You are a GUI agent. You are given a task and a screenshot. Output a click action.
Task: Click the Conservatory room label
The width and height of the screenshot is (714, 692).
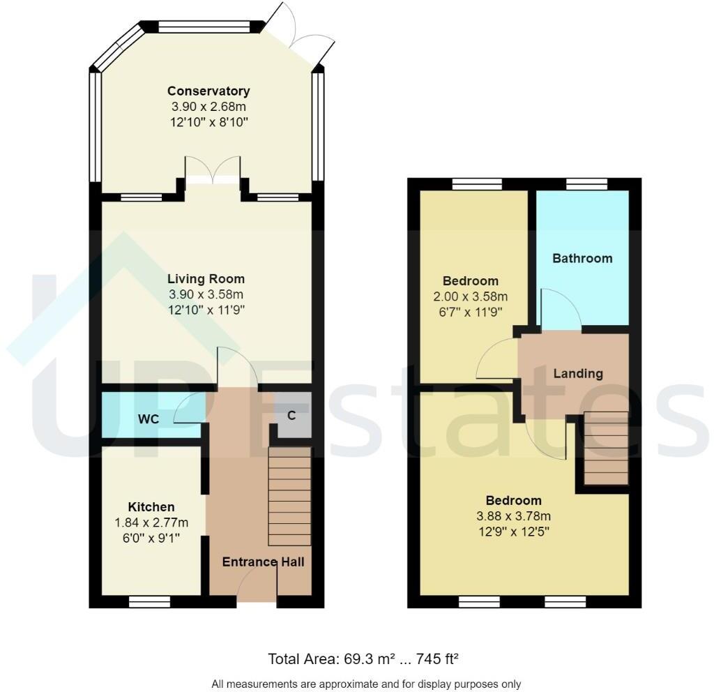tap(208, 91)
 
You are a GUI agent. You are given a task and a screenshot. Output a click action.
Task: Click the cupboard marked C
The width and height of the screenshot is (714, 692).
tap(291, 416)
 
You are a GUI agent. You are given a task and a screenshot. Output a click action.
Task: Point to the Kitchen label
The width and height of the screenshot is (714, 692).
tap(151, 506)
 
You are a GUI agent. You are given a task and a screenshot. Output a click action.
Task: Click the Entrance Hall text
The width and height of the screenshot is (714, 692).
tap(263, 562)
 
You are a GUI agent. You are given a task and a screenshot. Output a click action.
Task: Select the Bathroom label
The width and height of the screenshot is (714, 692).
tap(582, 258)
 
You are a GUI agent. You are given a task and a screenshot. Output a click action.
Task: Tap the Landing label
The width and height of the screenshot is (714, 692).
tap(578, 373)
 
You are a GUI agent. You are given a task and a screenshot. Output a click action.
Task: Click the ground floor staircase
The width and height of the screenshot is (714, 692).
tap(289, 496)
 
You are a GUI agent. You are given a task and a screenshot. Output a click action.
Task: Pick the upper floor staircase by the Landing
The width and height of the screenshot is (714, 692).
tap(605, 449)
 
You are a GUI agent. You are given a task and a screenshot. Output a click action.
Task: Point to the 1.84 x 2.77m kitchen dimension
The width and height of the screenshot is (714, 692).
tap(151, 522)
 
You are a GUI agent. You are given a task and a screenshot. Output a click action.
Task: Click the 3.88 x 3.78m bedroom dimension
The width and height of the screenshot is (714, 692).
tap(513, 516)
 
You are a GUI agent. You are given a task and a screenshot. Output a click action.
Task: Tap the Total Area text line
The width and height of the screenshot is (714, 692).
tap(363, 659)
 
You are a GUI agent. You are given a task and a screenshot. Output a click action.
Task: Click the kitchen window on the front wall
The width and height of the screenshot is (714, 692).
tap(150, 601)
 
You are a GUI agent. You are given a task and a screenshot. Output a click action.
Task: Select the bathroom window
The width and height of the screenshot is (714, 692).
tap(586, 184)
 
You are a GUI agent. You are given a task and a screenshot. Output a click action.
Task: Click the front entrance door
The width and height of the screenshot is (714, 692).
tap(257, 586)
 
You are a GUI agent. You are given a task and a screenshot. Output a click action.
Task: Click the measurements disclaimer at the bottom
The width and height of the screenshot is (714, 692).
tap(366, 684)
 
